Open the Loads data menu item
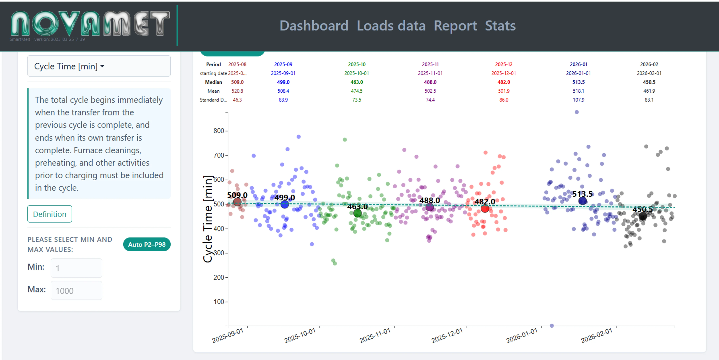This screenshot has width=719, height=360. point(391,26)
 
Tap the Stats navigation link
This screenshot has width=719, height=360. point(500,26)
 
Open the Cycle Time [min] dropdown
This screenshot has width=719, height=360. point(99,66)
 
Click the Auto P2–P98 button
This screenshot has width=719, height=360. point(147,244)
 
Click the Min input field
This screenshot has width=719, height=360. point(76,268)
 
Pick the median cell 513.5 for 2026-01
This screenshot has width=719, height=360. point(578,82)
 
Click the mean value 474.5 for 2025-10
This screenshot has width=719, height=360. point(356,91)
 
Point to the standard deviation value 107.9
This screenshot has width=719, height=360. point(578,100)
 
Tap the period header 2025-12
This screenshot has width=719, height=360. point(503,64)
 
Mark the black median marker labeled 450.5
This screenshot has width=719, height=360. point(643,216)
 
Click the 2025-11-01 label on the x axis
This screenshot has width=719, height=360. point(375,335)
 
